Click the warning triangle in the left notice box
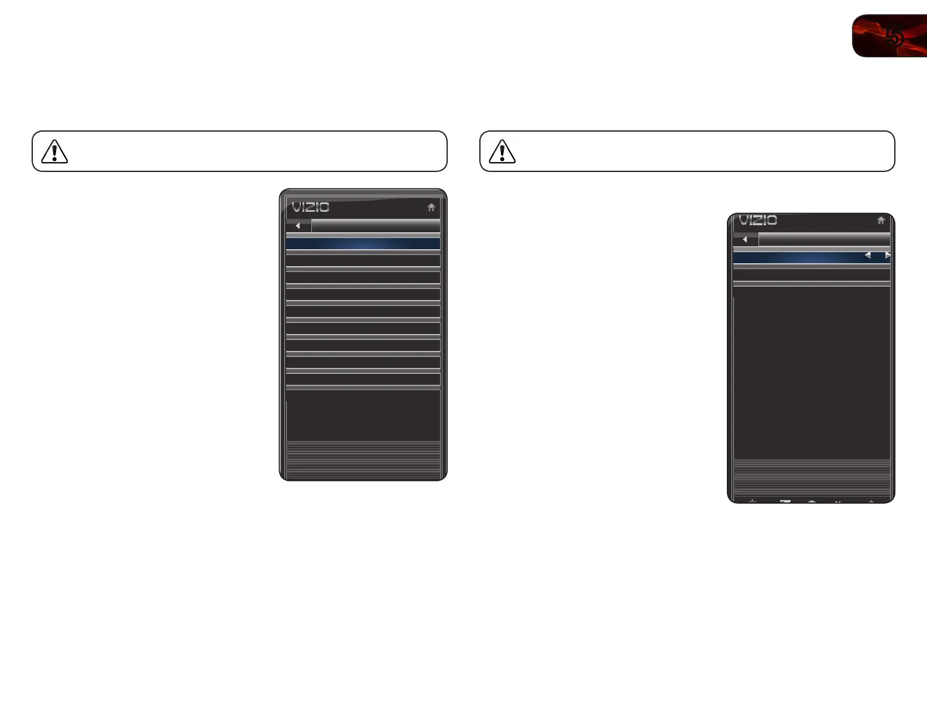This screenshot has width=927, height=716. coord(54,152)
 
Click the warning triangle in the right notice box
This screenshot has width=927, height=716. coord(502,152)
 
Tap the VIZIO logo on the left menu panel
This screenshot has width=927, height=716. coord(310,207)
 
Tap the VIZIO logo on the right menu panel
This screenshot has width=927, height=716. coord(758,221)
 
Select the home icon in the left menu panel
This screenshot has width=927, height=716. coord(431,207)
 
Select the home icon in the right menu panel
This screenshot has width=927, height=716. coord(881,221)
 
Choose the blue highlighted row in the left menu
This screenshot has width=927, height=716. coord(363,244)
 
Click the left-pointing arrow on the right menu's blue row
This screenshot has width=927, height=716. coord(867,255)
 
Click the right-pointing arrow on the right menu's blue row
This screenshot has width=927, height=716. coord(887,255)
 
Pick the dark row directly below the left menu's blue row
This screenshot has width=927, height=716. coord(363,261)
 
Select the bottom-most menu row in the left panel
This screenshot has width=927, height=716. coord(363,380)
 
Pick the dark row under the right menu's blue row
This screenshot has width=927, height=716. coord(811,274)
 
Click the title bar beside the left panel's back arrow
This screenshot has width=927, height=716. coord(376,226)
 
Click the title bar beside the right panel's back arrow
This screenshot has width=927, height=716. coord(824,239)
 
